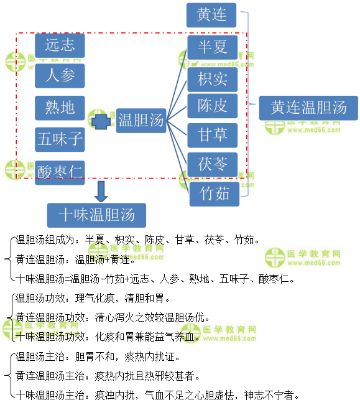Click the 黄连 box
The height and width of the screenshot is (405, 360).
click(211, 15)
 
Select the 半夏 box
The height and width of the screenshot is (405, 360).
click(213, 47)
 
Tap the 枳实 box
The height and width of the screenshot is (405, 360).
click(213, 80)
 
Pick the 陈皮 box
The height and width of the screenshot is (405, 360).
click(213, 106)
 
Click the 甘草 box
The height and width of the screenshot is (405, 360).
click(213, 136)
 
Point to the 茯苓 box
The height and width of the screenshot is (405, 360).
click(213, 164)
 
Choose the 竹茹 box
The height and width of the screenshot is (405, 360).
click(214, 194)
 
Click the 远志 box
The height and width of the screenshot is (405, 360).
click(60, 45)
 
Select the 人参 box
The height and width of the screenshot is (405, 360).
click(60, 76)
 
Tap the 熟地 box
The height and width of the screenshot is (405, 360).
click(60, 108)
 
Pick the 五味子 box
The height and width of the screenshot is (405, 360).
click(60, 139)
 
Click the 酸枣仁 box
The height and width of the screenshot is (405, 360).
click(60, 172)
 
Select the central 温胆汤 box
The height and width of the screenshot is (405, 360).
click(141, 121)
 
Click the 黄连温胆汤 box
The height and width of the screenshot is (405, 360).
click(308, 108)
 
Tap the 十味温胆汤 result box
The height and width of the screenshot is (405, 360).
click(96, 215)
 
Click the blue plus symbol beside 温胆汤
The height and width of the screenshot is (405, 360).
click(101, 122)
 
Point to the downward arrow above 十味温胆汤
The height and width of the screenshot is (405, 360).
click(101, 192)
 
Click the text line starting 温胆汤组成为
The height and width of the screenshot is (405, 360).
click(137, 240)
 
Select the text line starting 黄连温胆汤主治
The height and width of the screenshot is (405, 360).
click(108, 376)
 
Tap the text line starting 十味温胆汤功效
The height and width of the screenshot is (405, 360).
click(108, 337)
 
